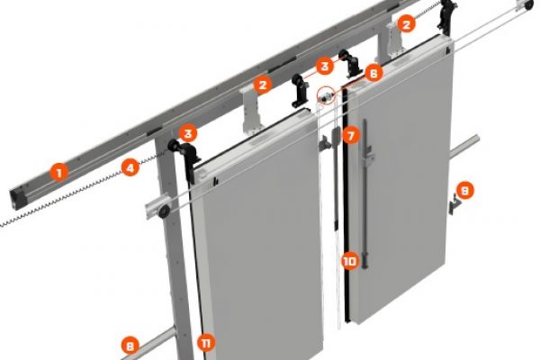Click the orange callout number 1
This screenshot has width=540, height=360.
[59, 172]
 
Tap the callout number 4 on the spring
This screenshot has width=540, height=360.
[130, 168]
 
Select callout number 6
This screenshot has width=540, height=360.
[374, 73]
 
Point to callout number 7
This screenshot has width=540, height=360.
[351, 136]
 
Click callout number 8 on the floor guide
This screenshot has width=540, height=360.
[130, 346]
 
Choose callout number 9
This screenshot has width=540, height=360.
[464, 191]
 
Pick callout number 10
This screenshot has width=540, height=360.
[350, 261]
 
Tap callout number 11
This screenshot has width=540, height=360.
[206, 343]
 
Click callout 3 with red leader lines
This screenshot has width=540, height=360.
[324, 66]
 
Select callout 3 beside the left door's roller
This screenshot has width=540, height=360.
[188, 133]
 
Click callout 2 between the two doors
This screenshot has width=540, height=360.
[263, 85]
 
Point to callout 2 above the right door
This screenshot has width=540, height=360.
[407, 24]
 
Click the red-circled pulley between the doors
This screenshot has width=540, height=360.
[326, 96]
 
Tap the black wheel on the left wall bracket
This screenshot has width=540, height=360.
[164, 211]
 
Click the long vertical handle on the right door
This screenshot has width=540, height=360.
[365, 193]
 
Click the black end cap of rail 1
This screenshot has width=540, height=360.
[18, 200]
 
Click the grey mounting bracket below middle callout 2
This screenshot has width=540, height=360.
[252, 110]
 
